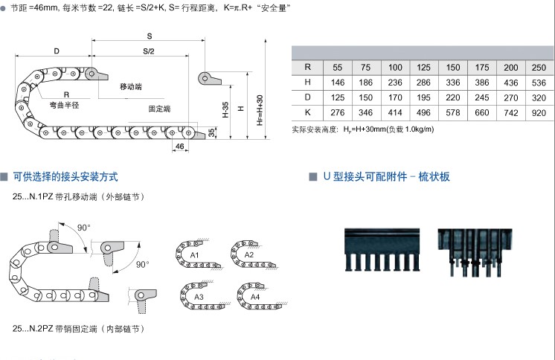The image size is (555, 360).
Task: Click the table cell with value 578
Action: [453, 112]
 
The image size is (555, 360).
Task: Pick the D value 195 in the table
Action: [424, 97]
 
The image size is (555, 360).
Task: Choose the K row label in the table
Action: [307, 112]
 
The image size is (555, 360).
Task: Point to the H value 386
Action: [482, 82]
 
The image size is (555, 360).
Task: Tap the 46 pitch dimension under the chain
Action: [179, 147]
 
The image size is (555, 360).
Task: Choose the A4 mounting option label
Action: [255, 297]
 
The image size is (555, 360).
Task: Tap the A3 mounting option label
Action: [198, 297]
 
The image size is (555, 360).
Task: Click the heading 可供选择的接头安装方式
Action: [65, 177]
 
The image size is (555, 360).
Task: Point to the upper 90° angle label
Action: [83, 227]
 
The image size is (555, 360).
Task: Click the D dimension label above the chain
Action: [57, 51]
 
